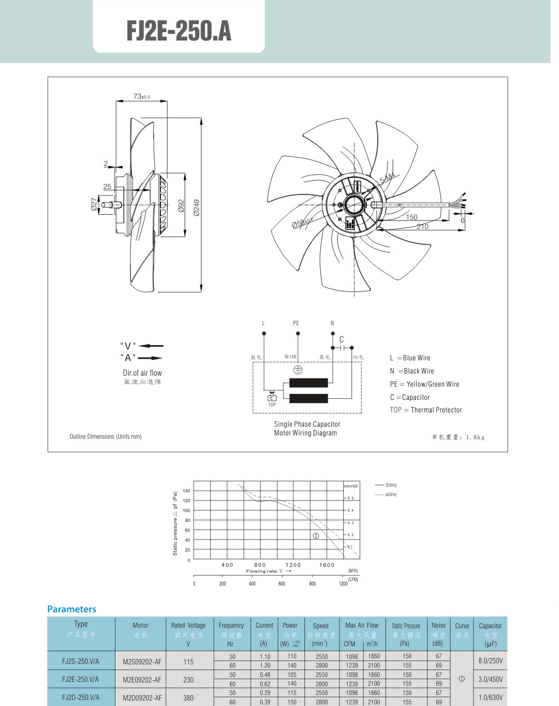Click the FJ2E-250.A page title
click(x=178, y=31)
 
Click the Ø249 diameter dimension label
click(x=196, y=207)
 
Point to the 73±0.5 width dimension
click(x=141, y=96)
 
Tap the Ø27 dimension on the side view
click(x=94, y=204)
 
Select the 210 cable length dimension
click(x=423, y=226)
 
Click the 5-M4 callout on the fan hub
click(x=387, y=178)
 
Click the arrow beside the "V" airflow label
click(x=151, y=346)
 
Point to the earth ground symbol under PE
click(x=298, y=370)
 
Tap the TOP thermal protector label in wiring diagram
click(x=272, y=405)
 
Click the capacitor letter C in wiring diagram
click(x=342, y=340)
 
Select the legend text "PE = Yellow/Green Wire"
click(x=424, y=384)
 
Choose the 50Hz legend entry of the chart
click(x=386, y=485)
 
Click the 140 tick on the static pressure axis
click(x=187, y=491)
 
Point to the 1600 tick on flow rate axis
click(x=327, y=565)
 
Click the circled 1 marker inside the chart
click(x=315, y=535)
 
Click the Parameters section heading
click(x=72, y=609)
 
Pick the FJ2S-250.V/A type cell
click(x=80, y=661)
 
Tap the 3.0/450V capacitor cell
click(x=490, y=679)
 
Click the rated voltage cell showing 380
click(x=188, y=698)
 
